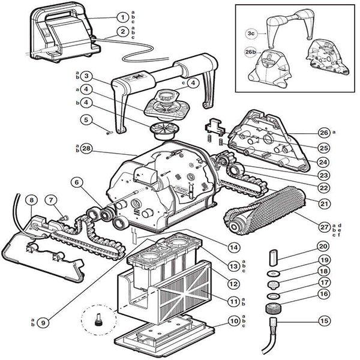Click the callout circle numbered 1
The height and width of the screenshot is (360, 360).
122,17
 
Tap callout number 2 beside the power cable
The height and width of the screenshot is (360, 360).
122,31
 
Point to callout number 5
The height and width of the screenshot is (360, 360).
88,119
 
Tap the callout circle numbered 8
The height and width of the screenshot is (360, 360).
31,199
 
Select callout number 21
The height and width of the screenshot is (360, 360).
324,204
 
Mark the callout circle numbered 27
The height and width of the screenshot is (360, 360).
325,226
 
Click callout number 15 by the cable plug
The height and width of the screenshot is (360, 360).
324,321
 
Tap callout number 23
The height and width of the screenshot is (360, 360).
324,176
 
